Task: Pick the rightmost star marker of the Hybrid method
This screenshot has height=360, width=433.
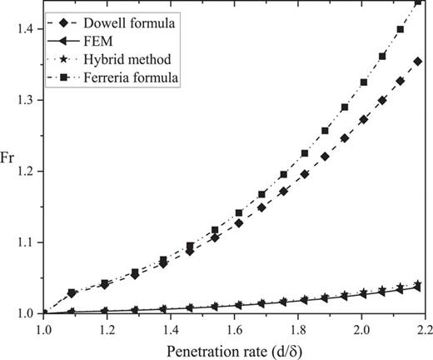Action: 418,284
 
